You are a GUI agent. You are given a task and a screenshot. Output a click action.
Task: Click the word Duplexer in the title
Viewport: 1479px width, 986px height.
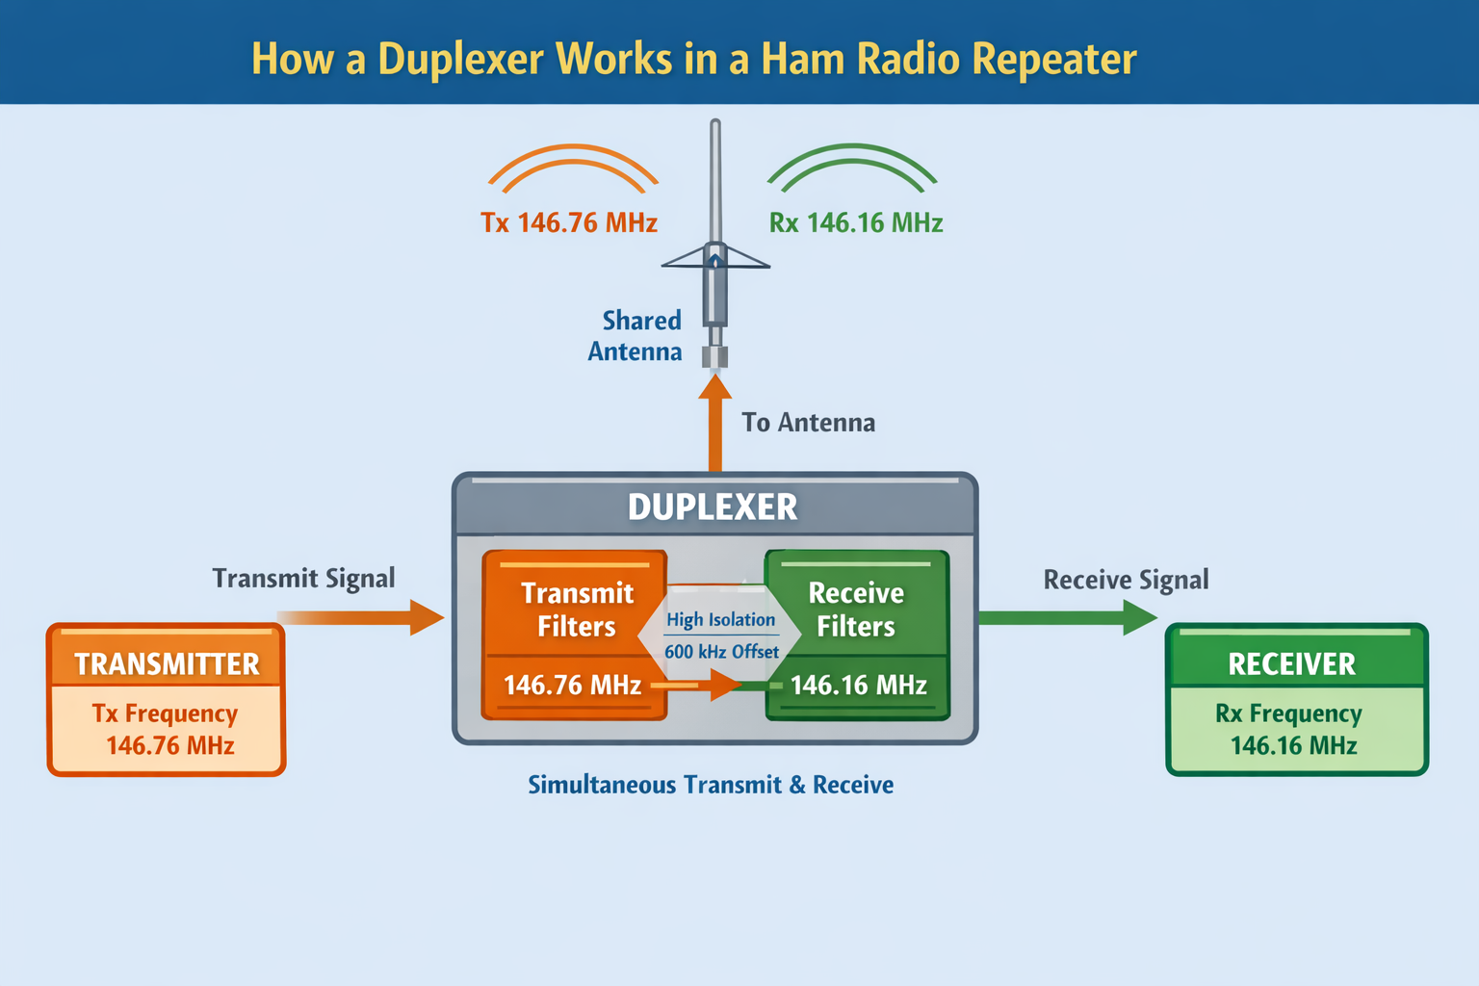point(460,60)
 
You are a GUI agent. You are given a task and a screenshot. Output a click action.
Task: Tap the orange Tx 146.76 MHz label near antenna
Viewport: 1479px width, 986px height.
point(568,223)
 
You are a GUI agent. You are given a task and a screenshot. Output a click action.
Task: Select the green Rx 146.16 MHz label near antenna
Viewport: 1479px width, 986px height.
point(855,223)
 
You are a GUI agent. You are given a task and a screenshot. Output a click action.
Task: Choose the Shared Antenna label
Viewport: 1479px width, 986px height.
point(636,335)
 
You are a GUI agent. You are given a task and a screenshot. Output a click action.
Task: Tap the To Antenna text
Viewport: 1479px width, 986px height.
point(808,423)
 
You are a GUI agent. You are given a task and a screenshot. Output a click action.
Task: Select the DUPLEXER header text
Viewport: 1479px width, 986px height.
point(713,507)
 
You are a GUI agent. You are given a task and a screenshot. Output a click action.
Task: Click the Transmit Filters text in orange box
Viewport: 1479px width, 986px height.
point(576,610)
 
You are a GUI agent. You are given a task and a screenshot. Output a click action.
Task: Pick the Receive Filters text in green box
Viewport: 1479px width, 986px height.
point(855,610)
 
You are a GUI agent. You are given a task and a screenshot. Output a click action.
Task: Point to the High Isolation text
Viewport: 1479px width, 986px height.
point(720,620)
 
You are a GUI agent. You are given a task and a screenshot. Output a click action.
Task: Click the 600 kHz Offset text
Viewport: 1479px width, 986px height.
point(721,652)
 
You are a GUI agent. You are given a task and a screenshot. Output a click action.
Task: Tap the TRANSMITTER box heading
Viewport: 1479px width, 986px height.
point(167,664)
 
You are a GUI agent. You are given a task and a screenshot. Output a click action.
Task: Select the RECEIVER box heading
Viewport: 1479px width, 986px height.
point(1291,664)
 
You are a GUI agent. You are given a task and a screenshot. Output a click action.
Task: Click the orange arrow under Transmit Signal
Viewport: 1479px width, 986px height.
point(366,617)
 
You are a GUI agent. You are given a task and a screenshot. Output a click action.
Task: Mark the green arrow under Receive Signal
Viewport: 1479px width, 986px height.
point(1069,617)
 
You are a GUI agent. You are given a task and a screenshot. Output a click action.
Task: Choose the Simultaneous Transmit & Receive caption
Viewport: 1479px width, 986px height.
point(711,785)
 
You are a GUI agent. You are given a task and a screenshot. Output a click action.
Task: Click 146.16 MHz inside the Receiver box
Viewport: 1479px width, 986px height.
point(1293,745)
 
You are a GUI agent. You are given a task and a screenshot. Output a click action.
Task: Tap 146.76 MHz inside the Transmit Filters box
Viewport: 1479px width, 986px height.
point(572,686)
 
